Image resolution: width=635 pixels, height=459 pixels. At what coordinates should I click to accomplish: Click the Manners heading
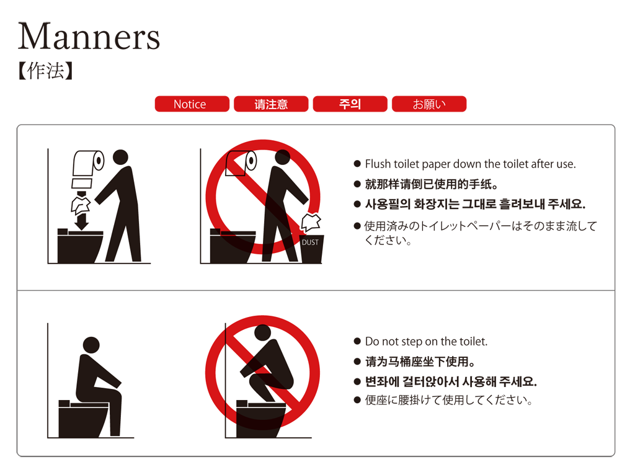(89, 37)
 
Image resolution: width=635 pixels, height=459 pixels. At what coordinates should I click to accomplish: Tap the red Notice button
(192, 104)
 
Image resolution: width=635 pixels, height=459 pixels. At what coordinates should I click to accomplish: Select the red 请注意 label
(271, 104)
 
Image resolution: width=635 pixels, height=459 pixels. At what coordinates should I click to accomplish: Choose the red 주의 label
(350, 104)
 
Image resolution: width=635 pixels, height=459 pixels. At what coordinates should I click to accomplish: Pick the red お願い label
(429, 104)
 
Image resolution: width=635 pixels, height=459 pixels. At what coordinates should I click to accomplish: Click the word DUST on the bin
(310, 243)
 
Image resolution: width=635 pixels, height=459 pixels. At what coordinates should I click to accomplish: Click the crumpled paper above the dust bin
(311, 223)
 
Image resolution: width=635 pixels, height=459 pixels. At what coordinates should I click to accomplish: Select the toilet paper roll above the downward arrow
(88, 164)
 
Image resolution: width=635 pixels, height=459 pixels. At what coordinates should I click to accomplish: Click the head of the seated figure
(91, 345)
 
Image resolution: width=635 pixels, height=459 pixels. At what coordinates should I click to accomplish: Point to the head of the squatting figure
(263, 332)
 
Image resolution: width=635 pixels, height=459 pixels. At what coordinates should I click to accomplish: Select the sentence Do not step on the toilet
(426, 342)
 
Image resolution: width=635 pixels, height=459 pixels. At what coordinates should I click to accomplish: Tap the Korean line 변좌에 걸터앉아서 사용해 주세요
(451, 381)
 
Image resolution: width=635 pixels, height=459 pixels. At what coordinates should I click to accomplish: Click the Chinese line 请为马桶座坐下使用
(420, 362)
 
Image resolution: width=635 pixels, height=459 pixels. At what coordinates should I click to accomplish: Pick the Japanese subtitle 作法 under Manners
(46, 71)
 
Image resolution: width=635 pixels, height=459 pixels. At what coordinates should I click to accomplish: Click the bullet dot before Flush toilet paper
(357, 164)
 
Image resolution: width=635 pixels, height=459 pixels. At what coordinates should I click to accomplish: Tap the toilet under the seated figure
(84, 419)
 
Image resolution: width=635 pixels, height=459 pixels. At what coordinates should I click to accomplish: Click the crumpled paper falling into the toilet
(81, 206)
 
